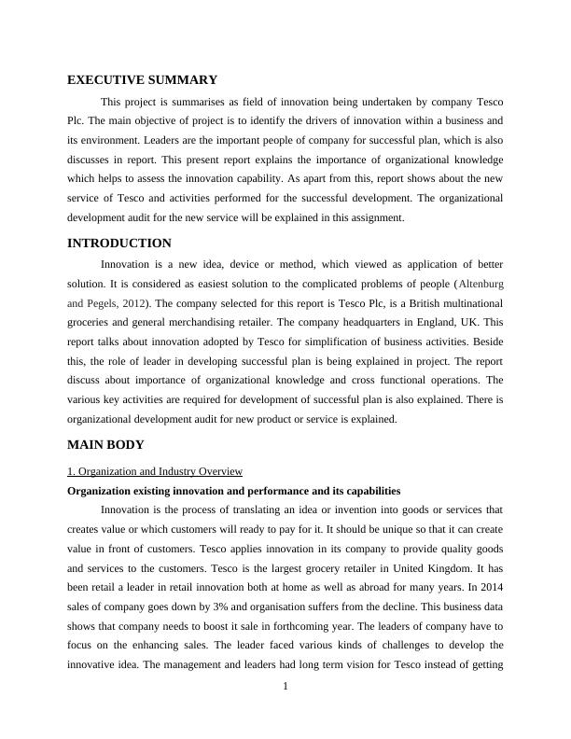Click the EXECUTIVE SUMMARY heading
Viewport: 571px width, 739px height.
click(143, 80)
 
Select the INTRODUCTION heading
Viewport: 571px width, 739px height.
click(119, 244)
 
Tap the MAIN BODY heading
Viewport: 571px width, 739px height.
click(104, 444)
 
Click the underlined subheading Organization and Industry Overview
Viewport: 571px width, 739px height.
click(155, 471)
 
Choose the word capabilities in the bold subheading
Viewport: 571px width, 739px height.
click(365, 490)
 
